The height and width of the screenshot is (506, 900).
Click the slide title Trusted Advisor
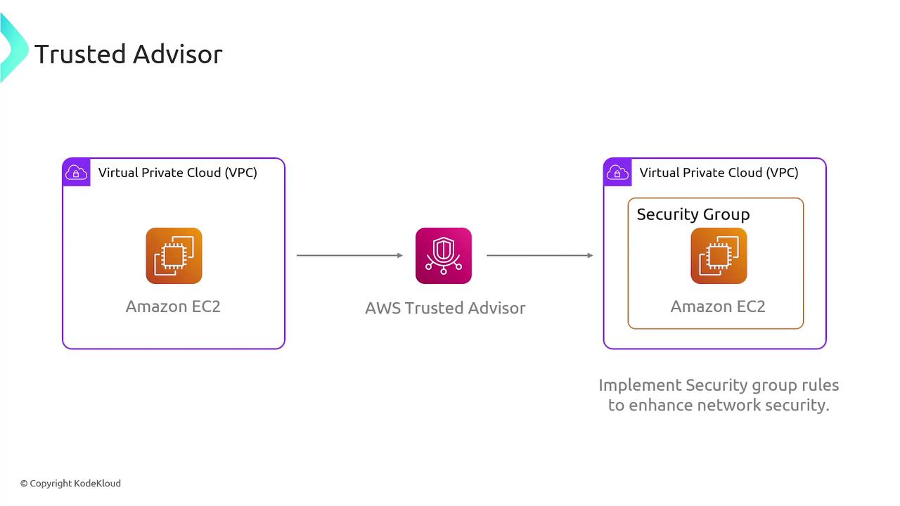click(x=128, y=54)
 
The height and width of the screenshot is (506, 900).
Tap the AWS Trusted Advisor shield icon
click(x=443, y=256)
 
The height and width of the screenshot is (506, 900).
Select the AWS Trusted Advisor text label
click(x=445, y=308)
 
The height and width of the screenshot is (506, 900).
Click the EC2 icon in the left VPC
click(x=174, y=256)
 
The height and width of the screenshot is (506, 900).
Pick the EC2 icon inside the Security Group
click(x=718, y=256)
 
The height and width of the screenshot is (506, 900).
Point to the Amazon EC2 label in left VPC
click(x=173, y=306)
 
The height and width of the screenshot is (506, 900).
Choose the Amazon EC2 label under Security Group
click(x=717, y=306)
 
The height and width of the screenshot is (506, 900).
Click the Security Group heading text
click(x=693, y=214)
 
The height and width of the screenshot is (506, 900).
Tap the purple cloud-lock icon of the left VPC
click(x=76, y=172)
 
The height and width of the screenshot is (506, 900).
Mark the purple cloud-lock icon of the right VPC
click(x=617, y=172)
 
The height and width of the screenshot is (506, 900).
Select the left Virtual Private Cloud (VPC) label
click(x=177, y=172)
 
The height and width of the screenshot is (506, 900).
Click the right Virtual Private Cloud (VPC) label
click(x=719, y=172)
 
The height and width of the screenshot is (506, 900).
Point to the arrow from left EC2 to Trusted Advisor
click(x=349, y=255)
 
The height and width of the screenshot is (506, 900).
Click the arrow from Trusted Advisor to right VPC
click(x=539, y=255)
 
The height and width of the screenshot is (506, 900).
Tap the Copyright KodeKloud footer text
click(x=70, y=484)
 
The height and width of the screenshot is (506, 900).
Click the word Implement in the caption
click(x=640, y=386)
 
